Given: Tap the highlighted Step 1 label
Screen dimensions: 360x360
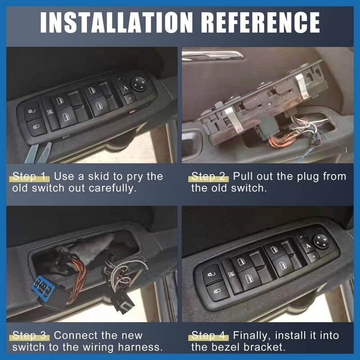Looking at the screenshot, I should point(30,176).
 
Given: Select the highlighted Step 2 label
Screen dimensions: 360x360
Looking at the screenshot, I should point(210,176).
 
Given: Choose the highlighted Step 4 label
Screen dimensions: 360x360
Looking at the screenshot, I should point(210,335).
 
